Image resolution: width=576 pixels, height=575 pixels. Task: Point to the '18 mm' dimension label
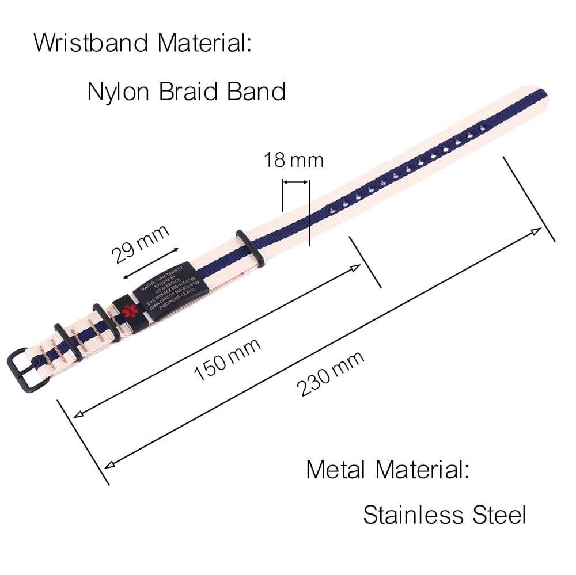click(x=294, y=159)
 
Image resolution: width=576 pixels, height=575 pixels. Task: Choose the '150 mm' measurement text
click(x=227, y=359)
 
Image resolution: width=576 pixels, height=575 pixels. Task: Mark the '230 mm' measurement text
click(x=331, y=374)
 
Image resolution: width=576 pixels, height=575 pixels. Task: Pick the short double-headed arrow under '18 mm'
click(x=295, y=182)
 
